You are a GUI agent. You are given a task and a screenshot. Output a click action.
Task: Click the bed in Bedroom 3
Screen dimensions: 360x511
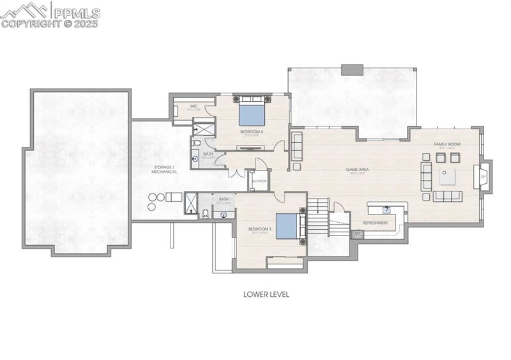pos(287,226)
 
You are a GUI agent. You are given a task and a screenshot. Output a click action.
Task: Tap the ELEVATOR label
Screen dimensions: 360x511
pos(259,181)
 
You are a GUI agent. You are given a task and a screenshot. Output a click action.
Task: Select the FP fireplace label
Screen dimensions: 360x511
pos(483,176)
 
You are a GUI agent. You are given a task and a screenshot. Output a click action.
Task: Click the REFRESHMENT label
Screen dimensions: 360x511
pos(375,223)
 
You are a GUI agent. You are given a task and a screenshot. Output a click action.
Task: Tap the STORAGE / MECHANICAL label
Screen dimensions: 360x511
pos(164,170)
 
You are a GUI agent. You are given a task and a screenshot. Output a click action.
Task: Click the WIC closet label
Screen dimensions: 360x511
pos(193,106)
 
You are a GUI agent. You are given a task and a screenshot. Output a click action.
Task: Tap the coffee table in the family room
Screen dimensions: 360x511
pos(448,176)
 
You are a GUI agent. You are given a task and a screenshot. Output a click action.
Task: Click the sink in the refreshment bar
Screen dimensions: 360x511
pos(386,209)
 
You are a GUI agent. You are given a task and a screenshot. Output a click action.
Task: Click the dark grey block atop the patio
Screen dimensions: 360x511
pos(351,70)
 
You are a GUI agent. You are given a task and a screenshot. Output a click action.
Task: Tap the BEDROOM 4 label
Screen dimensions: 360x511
pos(252,132)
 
